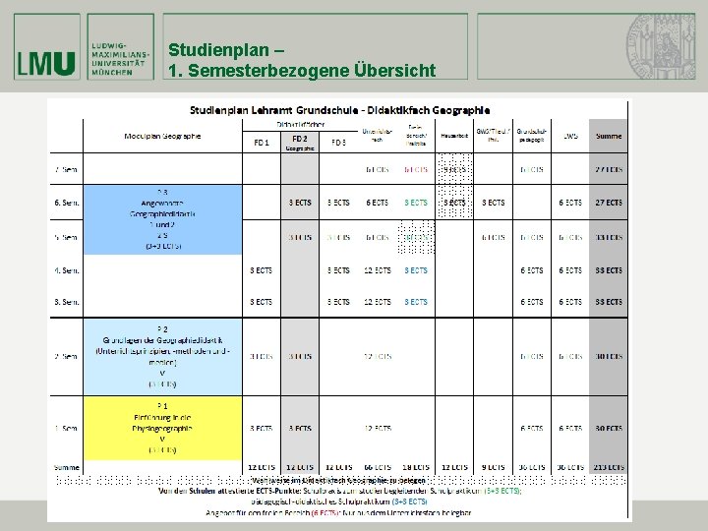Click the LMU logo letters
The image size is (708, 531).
click(x=45, y=64)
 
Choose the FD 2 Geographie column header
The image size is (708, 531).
click(x=299, y=142)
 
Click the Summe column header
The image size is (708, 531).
click(x=607, y=136)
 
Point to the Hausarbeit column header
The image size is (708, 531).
click(x=453, y=136)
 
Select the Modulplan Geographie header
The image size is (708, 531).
click(x=162, y=136)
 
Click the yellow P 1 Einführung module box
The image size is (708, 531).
click(x=162, y=427)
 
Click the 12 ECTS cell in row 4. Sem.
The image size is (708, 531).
click(x=377, y=270)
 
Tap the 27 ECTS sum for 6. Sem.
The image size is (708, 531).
click(x=607, y=203)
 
